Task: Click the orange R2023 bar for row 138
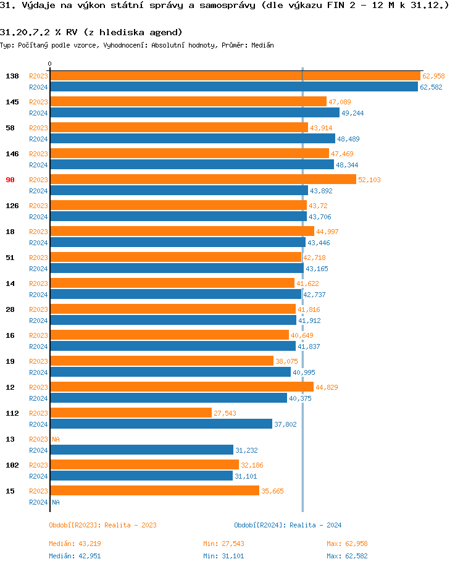[x=235, y=76]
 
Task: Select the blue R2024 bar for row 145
[x=194, y=112]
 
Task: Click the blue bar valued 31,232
[x=141, y=450]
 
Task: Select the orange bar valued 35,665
[x=154, y=491]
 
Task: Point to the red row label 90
[x=10, y=180]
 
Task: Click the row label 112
[x=12, y=413]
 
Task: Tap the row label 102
[x=12, y=465]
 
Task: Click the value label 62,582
[x=432, y=88]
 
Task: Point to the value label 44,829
[x=327, y=387]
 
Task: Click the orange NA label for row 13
[x=56, y=439]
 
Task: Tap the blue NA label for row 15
[x=56, y=502]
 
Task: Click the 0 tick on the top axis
[x=50, y=64]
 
